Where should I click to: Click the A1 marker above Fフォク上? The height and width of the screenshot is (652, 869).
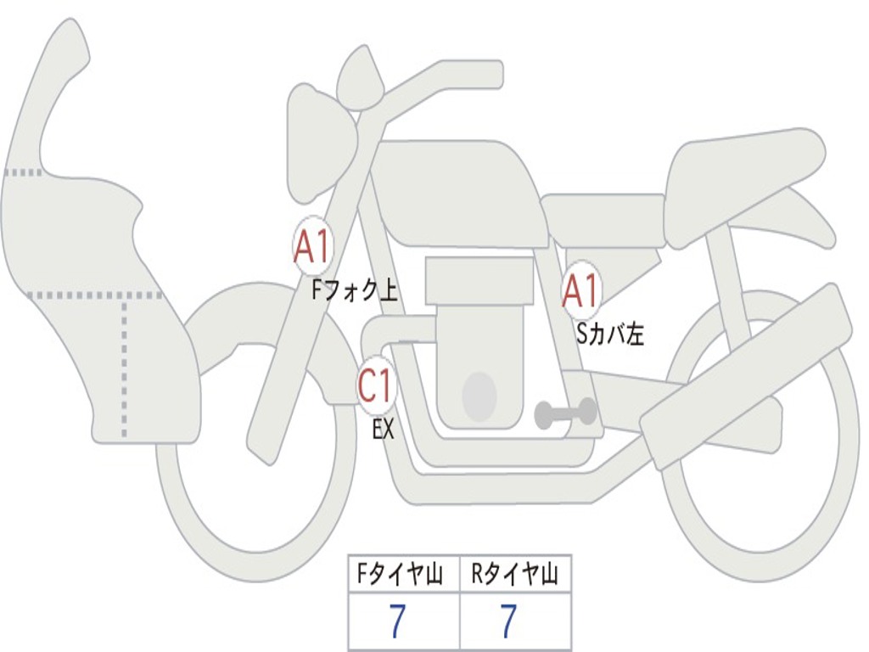(x=312, y=246)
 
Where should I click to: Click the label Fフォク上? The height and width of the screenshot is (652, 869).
(x=355, y=291)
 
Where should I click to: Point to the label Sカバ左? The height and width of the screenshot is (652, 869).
(x=610, y=334)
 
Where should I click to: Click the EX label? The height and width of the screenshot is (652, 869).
(x=384, y=430)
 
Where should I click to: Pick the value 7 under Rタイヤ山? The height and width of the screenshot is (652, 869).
(x=508, y=622)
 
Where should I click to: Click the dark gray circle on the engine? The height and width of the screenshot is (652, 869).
(x=479, y=395)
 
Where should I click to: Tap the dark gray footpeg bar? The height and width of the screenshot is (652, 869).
(x=565, y=413)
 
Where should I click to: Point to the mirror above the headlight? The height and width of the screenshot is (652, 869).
(x=360, y=78)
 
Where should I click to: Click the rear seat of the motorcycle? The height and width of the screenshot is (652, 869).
(x=743, y=178)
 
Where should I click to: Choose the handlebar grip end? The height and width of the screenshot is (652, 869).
(x=491, y=74)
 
